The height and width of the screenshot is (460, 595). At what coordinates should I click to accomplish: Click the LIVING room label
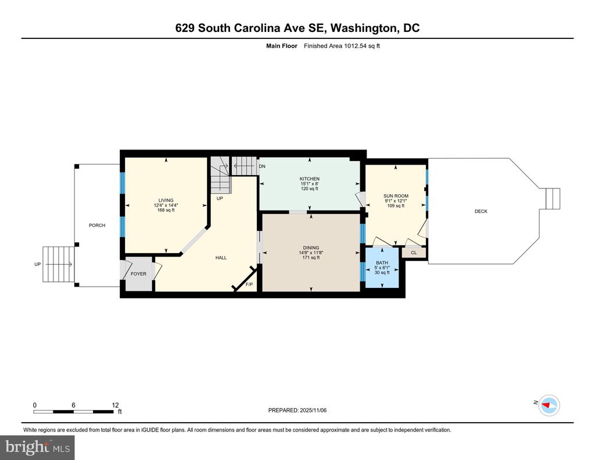point(166,200)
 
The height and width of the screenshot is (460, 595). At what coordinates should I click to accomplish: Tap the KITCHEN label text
point(310,179)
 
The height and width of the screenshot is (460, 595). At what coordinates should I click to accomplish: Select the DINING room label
point(311,248)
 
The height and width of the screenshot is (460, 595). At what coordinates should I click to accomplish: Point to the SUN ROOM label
point(396,196)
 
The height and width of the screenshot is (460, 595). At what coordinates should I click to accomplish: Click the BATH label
point(382,263)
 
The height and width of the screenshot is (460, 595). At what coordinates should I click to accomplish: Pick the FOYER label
point(138,274)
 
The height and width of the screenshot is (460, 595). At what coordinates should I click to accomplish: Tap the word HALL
point(221,258)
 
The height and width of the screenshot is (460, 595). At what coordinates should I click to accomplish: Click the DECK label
point(481,211)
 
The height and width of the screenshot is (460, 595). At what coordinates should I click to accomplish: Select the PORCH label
point(97,225)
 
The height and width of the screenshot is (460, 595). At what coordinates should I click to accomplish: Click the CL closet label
point(414,252)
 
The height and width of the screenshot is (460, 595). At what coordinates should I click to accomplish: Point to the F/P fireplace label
point(249,284)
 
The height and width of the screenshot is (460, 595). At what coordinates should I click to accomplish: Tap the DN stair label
point(262,166)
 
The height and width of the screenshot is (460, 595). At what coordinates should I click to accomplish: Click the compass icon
point(550,405)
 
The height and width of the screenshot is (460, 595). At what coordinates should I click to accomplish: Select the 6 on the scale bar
point(73,405)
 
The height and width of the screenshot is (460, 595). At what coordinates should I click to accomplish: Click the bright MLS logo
point(37,447)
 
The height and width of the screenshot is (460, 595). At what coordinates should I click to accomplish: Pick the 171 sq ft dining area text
point(311,258)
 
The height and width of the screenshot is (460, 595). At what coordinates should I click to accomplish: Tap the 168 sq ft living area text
point(166,210)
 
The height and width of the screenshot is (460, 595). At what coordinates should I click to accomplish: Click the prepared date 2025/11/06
point(313,410)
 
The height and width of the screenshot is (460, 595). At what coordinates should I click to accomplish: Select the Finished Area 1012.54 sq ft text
point(342,46)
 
